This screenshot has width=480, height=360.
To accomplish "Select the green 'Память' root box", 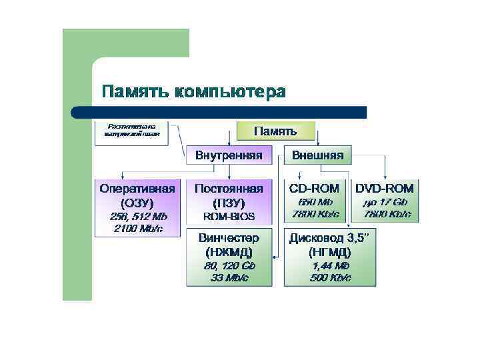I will [x=275, y=130].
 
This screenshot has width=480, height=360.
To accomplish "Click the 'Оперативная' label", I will [x=138, y=188].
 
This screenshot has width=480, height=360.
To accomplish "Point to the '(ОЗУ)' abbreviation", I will [x=138, y=202].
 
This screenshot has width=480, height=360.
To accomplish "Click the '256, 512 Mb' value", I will [x=138, y=217].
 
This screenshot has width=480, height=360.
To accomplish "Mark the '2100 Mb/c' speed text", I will [x=138, y=229].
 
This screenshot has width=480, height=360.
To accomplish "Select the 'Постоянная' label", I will [x=229, y=188].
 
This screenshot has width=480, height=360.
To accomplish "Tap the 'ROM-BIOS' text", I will [x=229, y=217].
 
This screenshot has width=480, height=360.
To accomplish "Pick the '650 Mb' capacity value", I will [x=315, y=202].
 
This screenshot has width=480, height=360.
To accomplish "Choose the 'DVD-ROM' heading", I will [x=385, y=188].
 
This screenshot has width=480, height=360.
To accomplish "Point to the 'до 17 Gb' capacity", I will [x=385, y=202].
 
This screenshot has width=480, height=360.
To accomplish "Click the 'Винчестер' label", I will [x=229, y=237].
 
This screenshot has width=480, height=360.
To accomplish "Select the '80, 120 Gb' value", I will [x=229, y=265].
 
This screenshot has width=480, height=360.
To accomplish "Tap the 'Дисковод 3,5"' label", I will [x=330, y=237].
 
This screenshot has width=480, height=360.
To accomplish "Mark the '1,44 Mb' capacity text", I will [x=330, y=265].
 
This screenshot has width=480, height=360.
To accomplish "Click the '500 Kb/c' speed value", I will [x=330, y=277].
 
